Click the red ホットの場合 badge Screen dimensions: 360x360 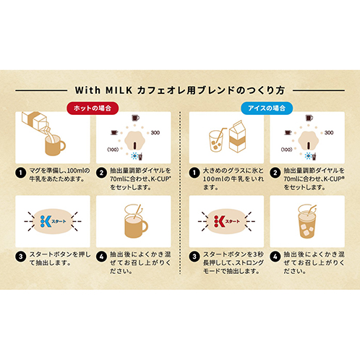93,108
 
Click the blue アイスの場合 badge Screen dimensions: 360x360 267,108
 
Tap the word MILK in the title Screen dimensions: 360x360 119,90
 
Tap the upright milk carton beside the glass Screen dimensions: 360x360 237,137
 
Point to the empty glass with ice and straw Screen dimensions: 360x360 216,141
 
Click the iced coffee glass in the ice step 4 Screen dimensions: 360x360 307,222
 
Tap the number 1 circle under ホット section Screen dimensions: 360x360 21,173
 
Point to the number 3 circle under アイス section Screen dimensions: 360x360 194,257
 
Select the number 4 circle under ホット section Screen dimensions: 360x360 101,257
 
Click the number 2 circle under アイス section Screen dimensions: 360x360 275,173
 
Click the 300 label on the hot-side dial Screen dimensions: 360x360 155,133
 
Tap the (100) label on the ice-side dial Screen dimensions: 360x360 286,150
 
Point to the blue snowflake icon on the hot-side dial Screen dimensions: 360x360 134,156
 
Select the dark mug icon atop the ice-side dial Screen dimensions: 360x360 309,118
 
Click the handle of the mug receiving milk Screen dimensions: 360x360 62,145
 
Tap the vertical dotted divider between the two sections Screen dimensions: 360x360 180,193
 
